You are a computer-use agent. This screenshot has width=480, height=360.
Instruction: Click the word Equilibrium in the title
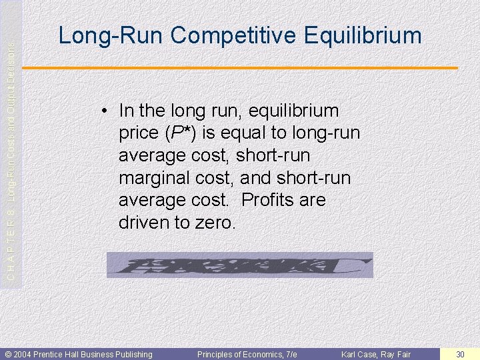pyautogui.click(x=363, y=35)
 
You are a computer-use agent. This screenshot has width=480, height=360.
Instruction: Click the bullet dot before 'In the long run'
pyautogui.click(x=107, y=111)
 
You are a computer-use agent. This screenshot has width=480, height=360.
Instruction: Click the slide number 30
pyautogui.click(x=460, y=354)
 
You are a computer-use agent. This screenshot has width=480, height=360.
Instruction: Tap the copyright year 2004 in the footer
pyautogui.click(x=22, y=354)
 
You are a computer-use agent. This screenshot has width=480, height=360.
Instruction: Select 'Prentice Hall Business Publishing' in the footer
pyautogui.click(x=93, y=354)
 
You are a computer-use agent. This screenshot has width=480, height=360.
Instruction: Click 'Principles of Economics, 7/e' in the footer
pyautogui.click(x=247, y=354)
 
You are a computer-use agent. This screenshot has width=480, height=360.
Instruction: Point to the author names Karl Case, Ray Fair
pyautogui.click(x=376, y=354)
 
